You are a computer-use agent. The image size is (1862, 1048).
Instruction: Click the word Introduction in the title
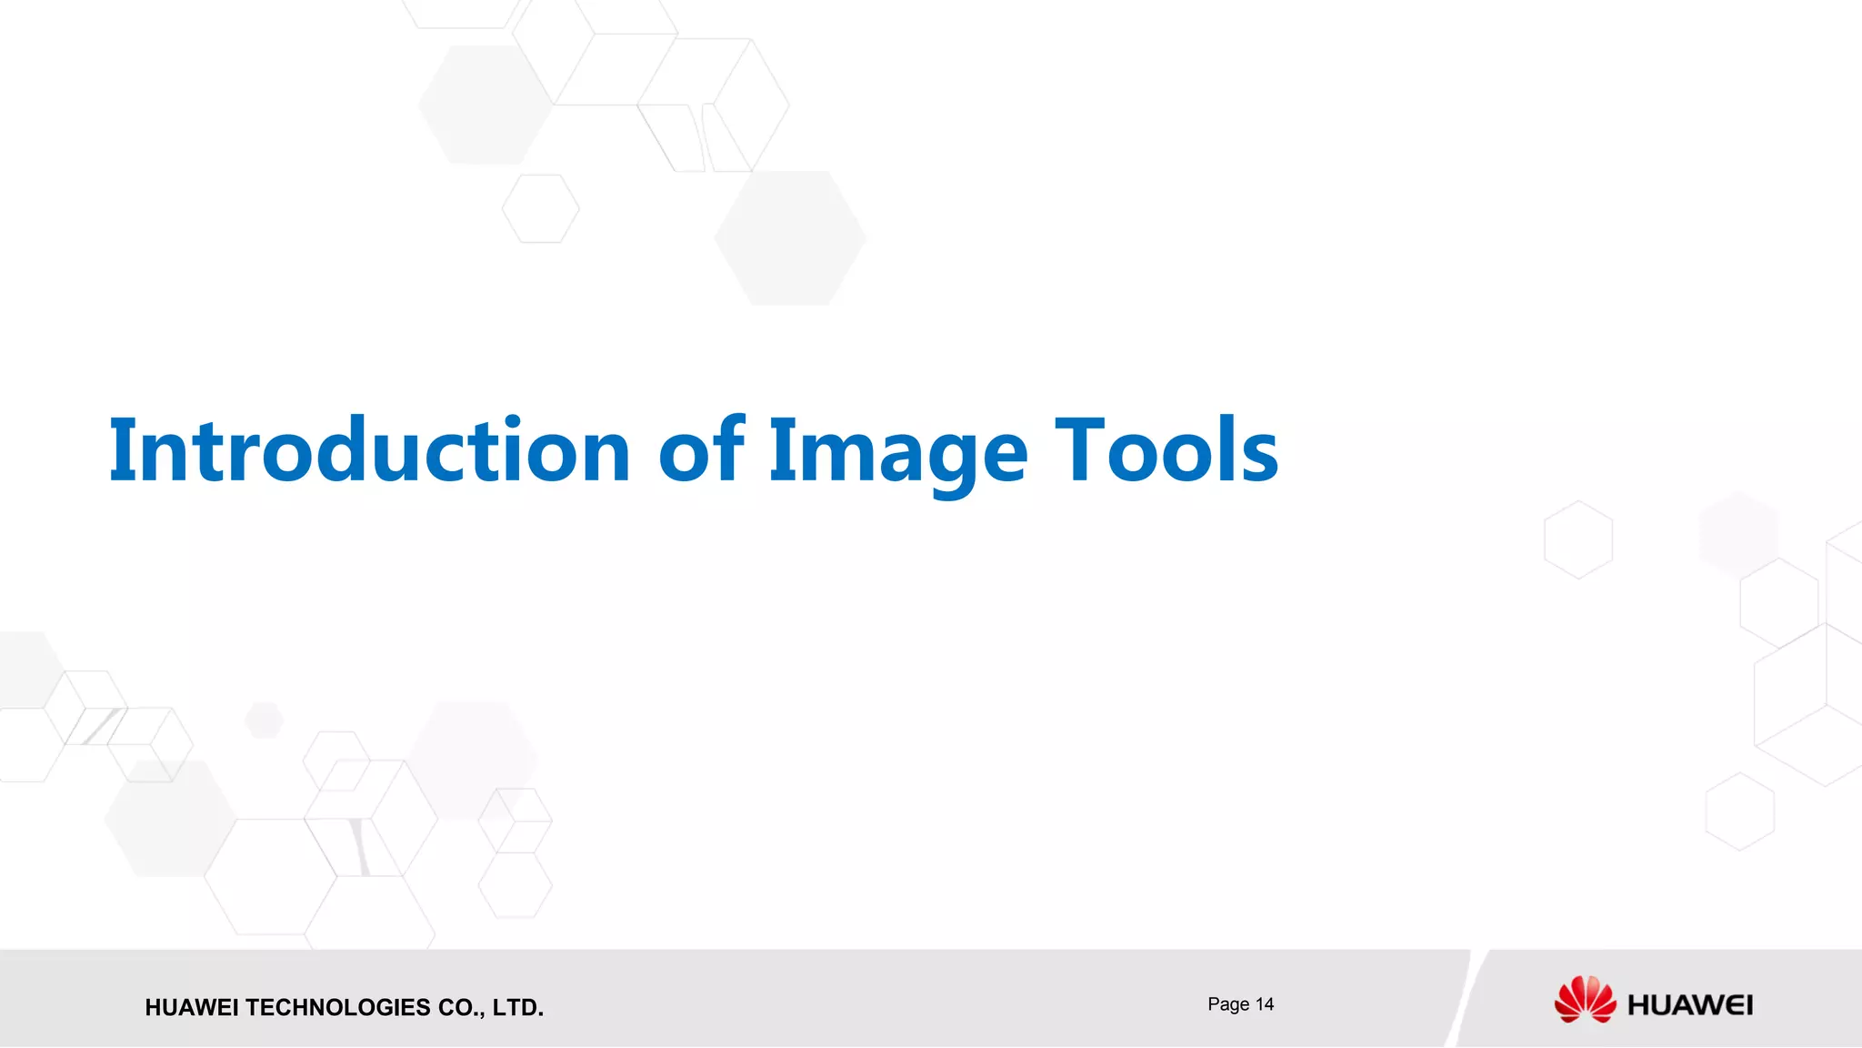[369, 450]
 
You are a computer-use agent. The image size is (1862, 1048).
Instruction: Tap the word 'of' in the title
[701, 450]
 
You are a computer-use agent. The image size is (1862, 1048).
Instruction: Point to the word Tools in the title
[1166, 450]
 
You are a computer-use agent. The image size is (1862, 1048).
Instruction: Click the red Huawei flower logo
[1585, 1000]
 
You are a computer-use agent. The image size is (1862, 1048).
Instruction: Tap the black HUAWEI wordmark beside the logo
[1690, 1005]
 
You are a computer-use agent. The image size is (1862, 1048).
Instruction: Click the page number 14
[1265, 1004]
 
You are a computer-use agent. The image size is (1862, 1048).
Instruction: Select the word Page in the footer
[1228, 1004]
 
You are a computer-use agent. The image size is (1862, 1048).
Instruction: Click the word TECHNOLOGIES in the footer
[338, 1008]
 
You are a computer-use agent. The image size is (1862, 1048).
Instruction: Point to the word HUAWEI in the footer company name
[193, 1008]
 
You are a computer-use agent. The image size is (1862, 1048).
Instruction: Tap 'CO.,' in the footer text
[461, 1008]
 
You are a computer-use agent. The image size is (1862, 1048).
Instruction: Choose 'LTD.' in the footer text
[518, 1008]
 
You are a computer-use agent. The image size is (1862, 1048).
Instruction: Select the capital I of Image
[782, 450]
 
